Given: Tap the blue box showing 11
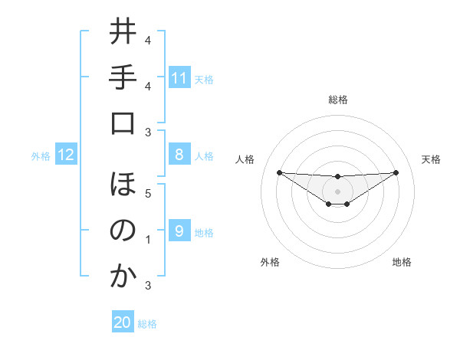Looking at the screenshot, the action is coord(179,78).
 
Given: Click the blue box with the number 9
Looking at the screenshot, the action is coord(179,231).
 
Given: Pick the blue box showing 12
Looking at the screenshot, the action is coord(66,155).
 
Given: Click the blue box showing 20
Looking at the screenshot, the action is coord(122,323).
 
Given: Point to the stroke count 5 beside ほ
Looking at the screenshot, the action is coord(148,194).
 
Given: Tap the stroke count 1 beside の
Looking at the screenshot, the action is coord(148,240).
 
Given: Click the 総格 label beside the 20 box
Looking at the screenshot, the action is coord(148,324).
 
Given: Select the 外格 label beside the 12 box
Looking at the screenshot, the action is coord(41,156).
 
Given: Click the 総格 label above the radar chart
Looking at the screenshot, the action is coord(337,100).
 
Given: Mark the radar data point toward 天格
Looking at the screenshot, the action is coord(396,172).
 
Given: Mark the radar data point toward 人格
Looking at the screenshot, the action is coord(279,172).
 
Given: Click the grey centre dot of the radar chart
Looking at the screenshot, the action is coord(337,191).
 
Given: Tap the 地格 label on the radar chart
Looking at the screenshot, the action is coord(402,262).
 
